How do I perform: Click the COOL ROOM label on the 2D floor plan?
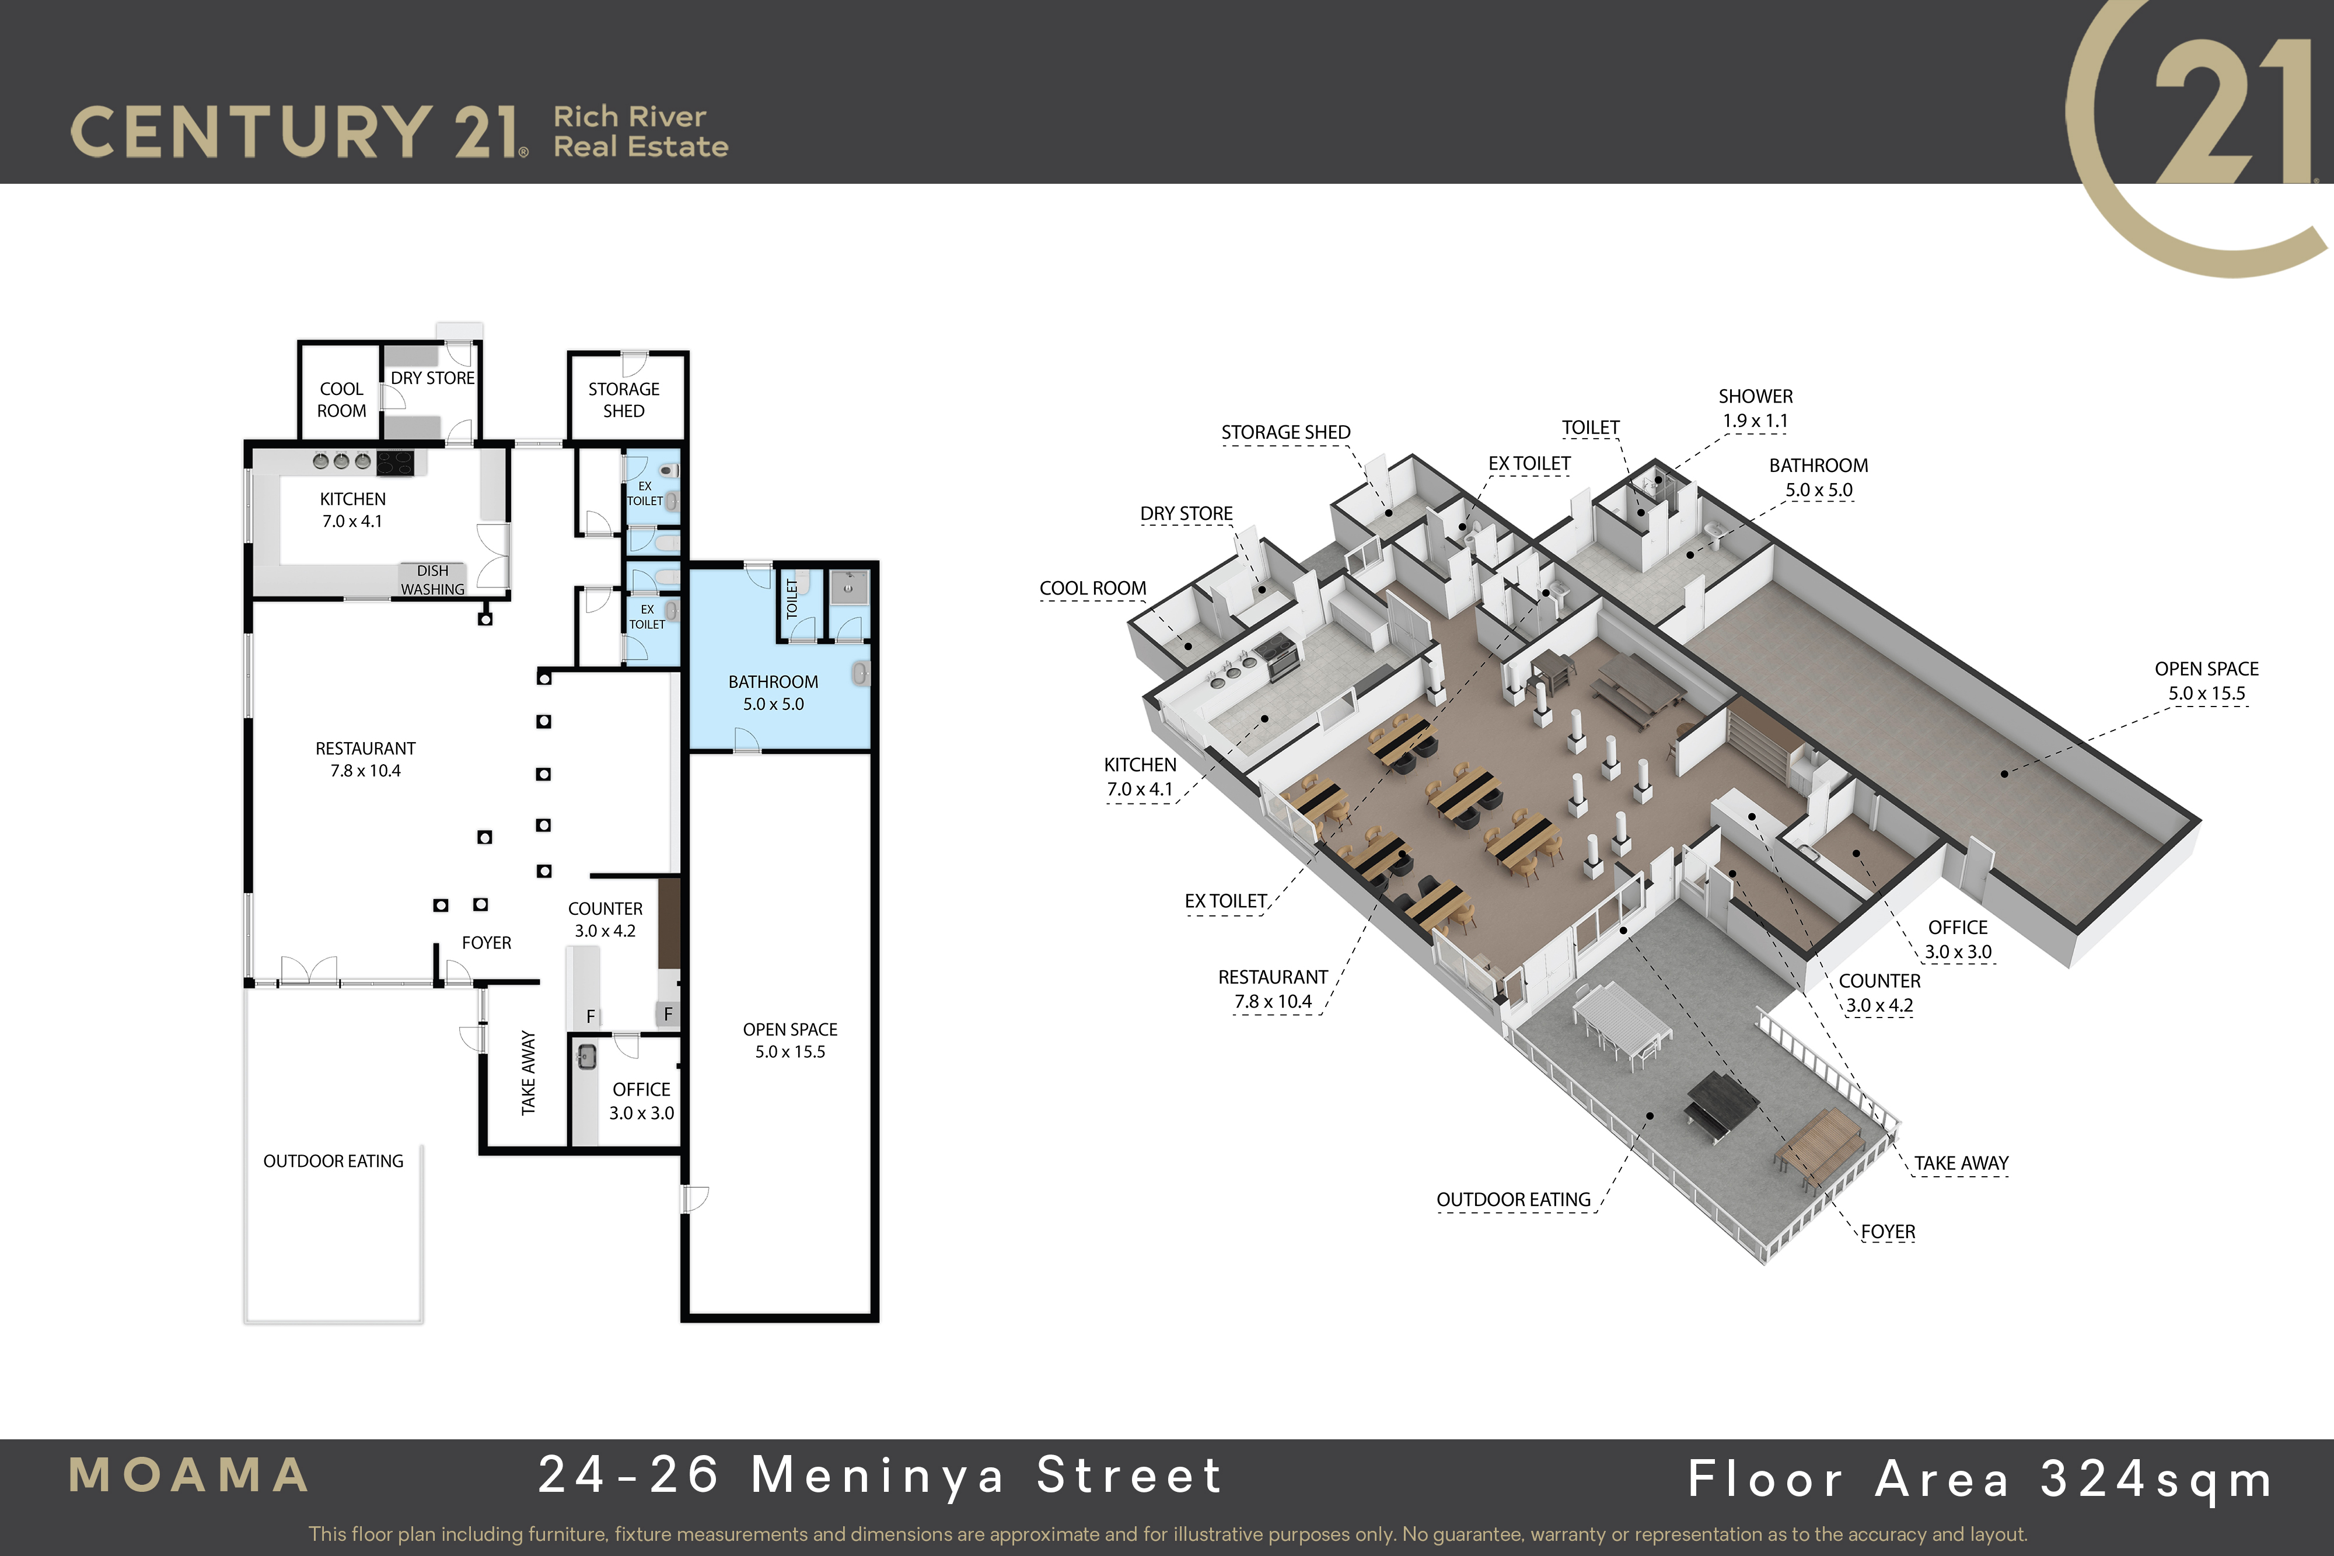[x=341, y=400]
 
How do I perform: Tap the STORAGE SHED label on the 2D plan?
[x=623, y=400]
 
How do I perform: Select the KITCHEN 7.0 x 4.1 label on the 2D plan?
[x=352, y=510]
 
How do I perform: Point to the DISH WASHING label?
[x=432, y=579]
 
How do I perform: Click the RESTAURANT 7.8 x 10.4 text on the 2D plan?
[x=365, y=759]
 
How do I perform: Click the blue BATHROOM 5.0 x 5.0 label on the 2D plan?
[x=773, y=693]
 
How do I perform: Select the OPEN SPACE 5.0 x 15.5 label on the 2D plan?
[x=790, y=1040]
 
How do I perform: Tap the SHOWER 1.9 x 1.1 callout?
[x=1756, y=408]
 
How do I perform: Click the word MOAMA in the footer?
[x=188, y=1475]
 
